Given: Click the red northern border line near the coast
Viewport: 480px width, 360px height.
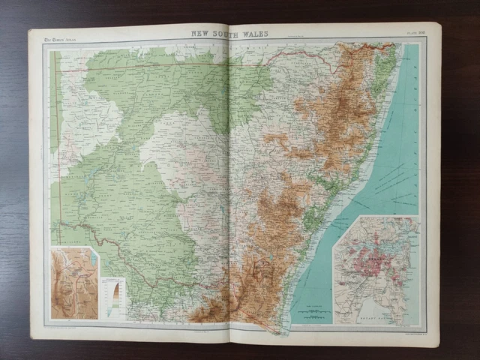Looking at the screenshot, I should coord(360,46).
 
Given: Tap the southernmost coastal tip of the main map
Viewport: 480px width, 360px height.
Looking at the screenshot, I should coord(280,330).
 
